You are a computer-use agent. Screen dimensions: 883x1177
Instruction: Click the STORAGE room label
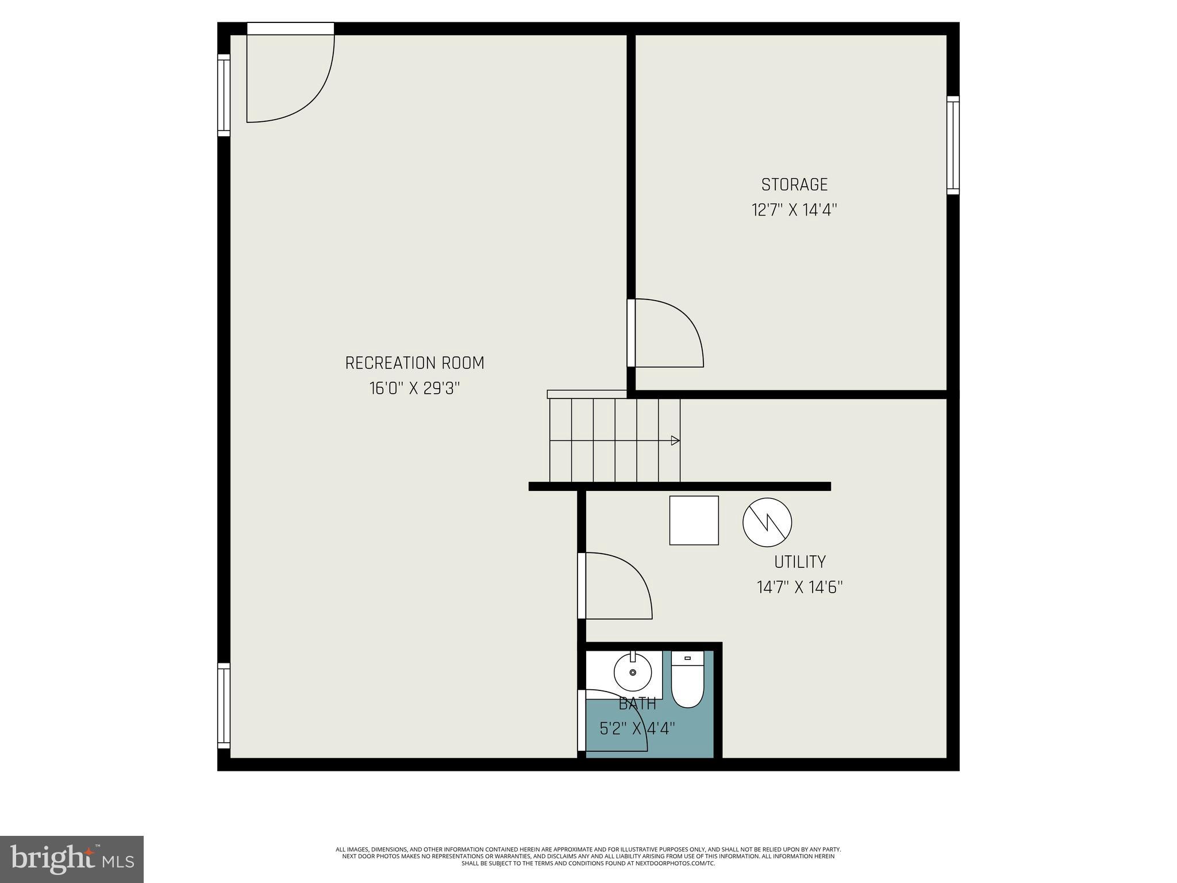point(794,185)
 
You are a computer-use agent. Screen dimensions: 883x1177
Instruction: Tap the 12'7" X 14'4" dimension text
point(794,210)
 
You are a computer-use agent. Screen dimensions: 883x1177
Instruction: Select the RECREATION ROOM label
point(414,363)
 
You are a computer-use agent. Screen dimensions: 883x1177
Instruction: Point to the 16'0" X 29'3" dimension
point(414,389)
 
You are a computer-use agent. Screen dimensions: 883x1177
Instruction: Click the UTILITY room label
point(799,562)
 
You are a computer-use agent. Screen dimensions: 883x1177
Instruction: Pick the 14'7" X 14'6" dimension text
point(799,588)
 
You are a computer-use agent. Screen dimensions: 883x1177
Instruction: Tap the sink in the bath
point(633,672)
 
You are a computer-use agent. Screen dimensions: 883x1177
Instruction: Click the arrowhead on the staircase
point(676,441)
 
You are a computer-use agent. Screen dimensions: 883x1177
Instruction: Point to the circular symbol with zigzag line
point(767,522)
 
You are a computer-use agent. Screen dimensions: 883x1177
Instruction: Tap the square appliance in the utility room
point(694,520)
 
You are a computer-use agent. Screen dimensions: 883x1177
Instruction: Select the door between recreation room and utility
point(615,586)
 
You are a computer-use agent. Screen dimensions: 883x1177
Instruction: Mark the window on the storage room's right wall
point(953,145)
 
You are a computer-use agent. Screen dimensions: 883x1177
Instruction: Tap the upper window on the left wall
point(224,95)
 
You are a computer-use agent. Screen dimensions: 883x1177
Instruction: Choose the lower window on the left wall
point(224,706)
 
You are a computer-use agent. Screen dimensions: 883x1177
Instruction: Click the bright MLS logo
point(72,859)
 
